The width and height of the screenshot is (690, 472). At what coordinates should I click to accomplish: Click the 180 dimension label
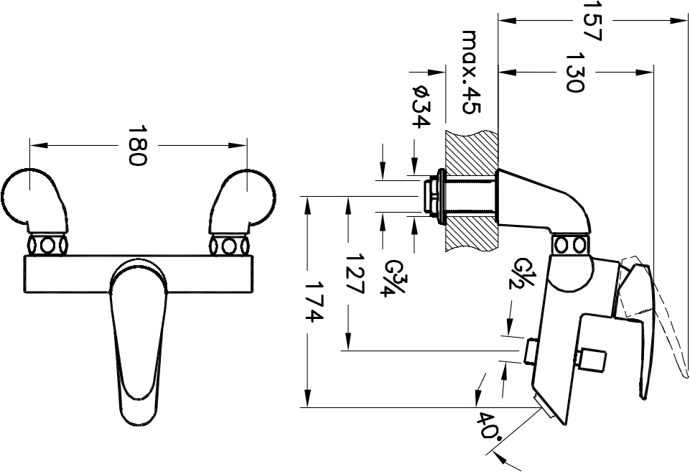pyautogui.click(x=137, y=146)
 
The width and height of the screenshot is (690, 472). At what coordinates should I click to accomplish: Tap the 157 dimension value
pyautogui.click(x=592, y=21)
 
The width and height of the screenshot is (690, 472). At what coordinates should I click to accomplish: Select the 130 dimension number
pyautogui.click(x=574, y=73)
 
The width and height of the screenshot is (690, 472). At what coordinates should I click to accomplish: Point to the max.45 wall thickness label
pyautogui.click(x=472, y=73)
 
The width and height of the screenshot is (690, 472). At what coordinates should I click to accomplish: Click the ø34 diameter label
pyautogui.click(x=421, y=106)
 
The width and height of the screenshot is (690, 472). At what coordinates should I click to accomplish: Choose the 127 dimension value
pyautogui.click(x=355, y=274)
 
